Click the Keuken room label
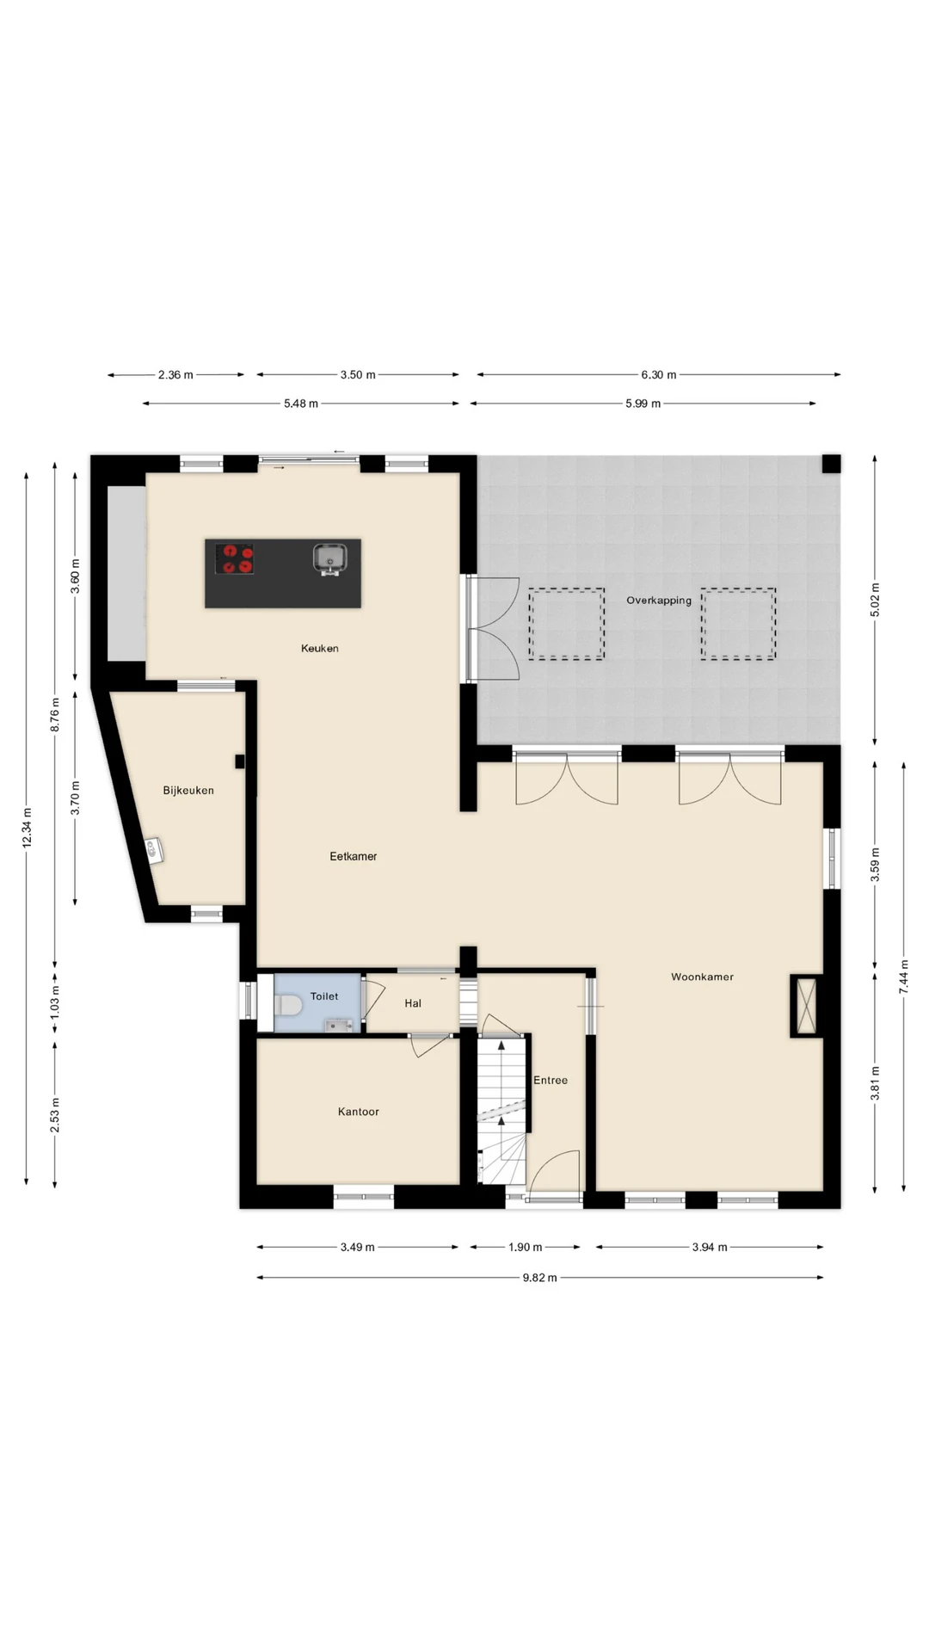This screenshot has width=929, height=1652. [320, 649]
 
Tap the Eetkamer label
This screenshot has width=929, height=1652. [354, 857]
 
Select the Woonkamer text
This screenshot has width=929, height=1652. [702, 977]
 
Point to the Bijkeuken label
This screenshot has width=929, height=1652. [188, 791]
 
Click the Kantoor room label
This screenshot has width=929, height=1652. [359, 1112]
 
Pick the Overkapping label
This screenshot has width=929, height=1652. [659, 601]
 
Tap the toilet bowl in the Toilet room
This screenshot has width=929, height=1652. [288, 1004]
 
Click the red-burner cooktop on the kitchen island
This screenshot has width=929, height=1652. [234, 558]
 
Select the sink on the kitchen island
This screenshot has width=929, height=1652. [329, 558]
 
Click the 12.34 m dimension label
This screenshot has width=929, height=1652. [27, 828]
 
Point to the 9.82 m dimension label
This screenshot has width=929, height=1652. [540, 1278]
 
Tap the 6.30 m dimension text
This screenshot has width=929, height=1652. [659, 375]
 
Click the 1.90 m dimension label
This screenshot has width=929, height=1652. [525, 1247]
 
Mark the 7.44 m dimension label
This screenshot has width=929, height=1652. [903, 977]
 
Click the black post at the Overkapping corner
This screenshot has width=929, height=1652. [831, 464]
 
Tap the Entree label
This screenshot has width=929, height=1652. [551, 1081]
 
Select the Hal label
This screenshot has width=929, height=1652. [413, 1003]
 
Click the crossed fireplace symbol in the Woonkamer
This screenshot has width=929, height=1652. [807, 1006]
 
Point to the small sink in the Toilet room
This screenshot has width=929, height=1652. [339, 1025]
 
